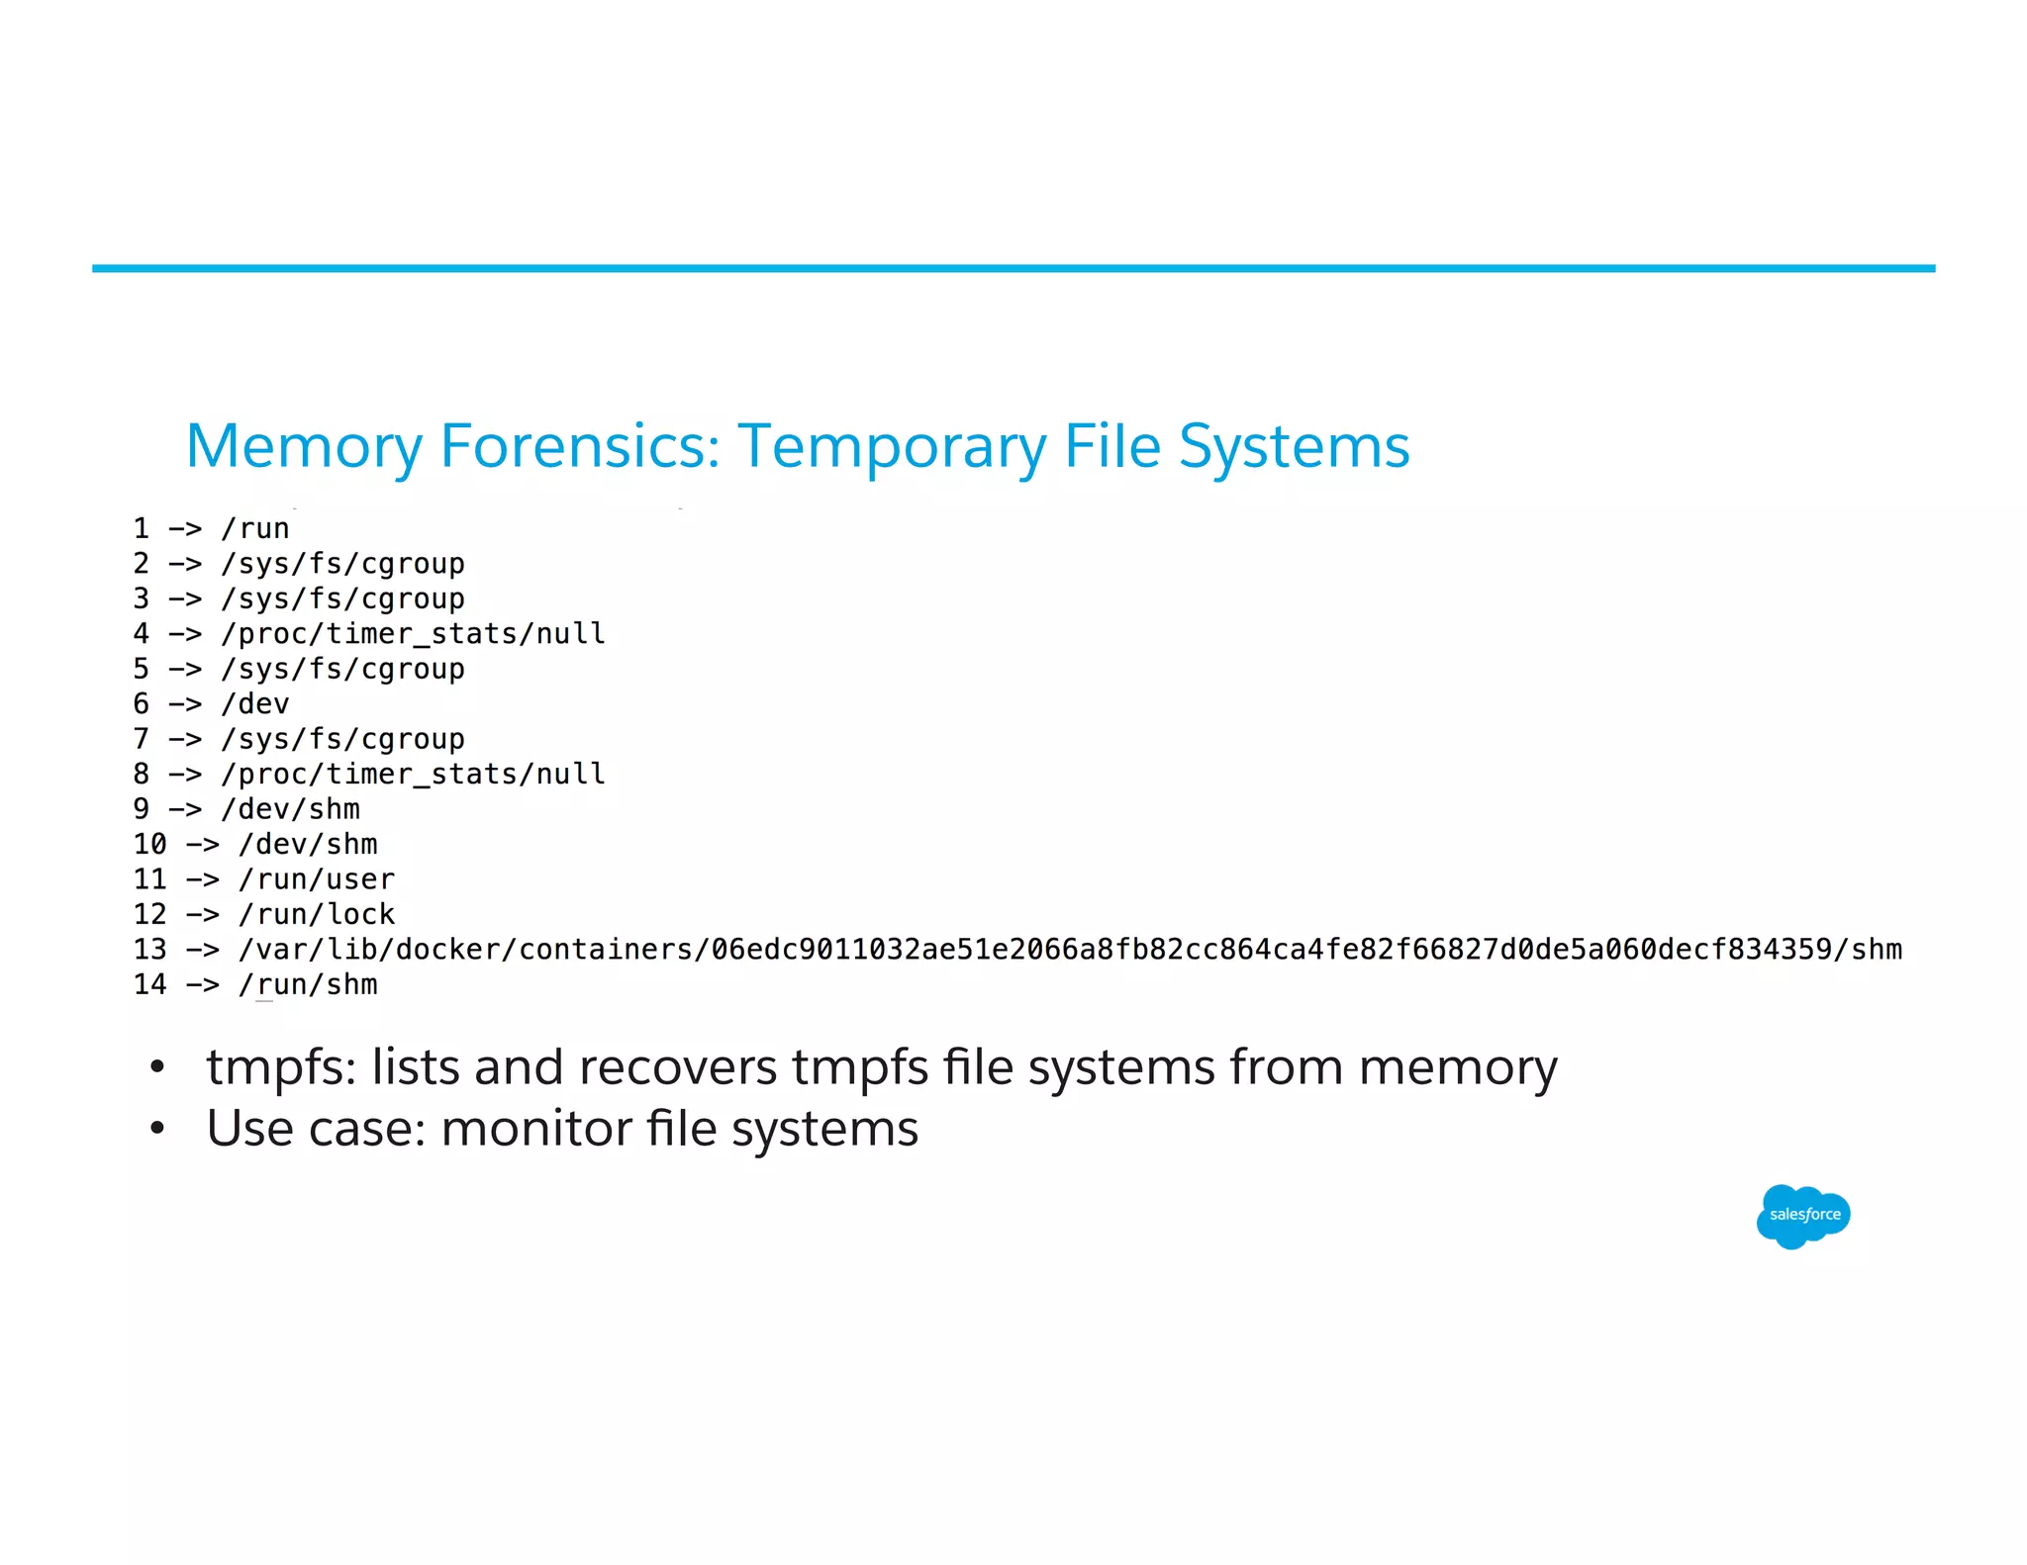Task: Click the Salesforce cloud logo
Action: click(x=1803, y=1215)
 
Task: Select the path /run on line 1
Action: click(x=255, y=529)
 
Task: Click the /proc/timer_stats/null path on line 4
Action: click(x=413, y=634)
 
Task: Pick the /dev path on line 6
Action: click(x=255, y=704)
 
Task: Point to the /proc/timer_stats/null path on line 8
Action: click(x=413, y=775)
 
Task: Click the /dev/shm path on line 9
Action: click(x=291, y=809)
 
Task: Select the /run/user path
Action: click(x=317, y=879)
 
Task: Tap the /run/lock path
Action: click(x=317, y=915)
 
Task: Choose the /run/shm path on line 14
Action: click(x=308, y=985)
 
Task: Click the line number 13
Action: click(x=150, y=950)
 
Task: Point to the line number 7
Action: click(x=142, y=739)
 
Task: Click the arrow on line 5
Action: click(x=185, y=670)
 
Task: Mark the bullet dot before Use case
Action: click(x=156, y=1129)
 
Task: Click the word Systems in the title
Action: click(x=1294, y=447)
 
